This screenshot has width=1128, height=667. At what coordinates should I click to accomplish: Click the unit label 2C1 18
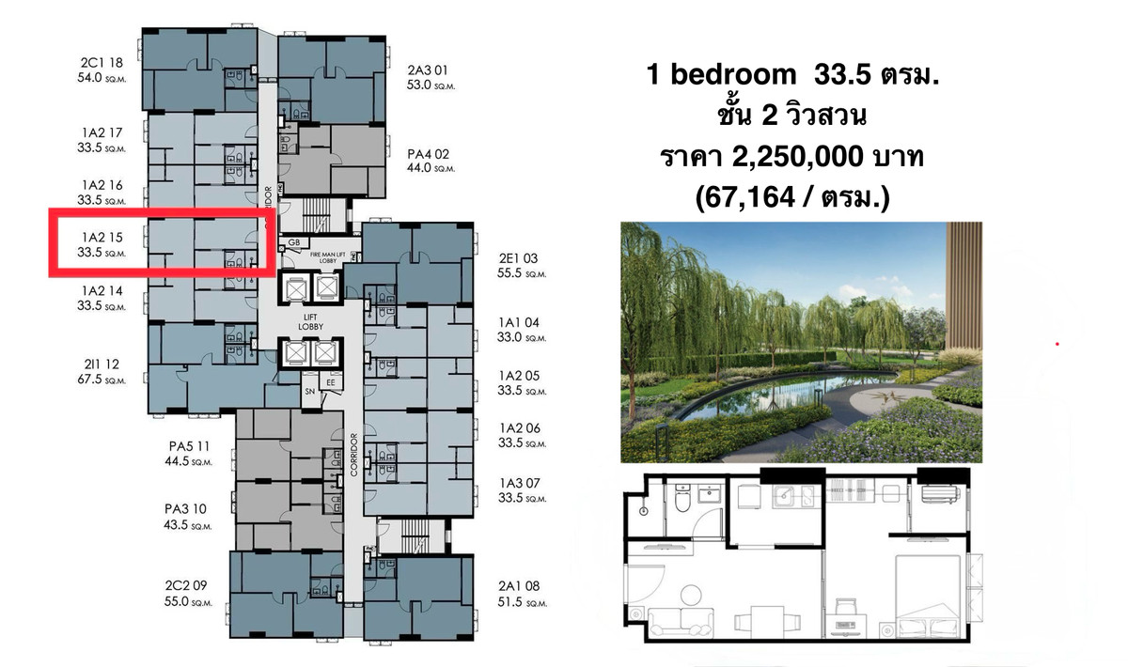click(x=102, y=62)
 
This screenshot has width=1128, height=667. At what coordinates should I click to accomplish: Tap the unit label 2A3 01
click(x=427, y=70)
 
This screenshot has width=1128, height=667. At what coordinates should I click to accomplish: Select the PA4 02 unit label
click(x=428, y=153)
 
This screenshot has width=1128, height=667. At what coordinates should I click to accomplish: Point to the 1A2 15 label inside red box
click(x=102, y=237)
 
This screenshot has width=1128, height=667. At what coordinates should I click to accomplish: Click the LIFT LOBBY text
click(x=310, y=321)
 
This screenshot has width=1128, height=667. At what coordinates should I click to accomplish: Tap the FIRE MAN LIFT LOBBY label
click(x=328, y=257)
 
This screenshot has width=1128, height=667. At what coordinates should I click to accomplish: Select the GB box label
click(x=294, y=242)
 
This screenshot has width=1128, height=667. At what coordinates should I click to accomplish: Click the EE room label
click(x=330, y=382)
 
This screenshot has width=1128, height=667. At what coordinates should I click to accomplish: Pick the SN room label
click(x=309, y=391)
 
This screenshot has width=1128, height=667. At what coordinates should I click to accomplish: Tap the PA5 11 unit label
click(x=189, y=446)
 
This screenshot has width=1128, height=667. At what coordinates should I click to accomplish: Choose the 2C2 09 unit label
click(x=186, y=585)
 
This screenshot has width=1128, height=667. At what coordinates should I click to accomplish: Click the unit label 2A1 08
click(x=519, y=586)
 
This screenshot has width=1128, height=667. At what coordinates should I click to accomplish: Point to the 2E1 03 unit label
click(x=518, y=258)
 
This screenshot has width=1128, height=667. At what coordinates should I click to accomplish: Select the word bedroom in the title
click(x=733, y=74)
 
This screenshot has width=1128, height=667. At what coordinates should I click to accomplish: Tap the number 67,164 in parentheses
click(x=750, y=197)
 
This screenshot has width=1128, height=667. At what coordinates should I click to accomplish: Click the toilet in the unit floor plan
click(x=682, y=497)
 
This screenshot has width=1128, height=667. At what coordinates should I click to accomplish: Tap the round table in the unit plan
click(x=691, y=595)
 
